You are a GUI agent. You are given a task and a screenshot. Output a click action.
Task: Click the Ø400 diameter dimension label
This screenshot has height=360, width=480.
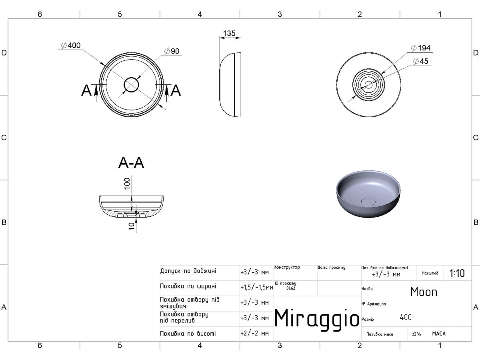(70, 46)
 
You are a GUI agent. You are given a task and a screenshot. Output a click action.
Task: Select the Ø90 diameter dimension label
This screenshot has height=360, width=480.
(172, 51)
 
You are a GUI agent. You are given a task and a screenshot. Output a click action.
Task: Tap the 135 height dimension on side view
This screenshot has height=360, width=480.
(229, 33)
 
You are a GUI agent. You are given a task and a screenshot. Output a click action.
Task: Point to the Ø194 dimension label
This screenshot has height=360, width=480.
(421, 48)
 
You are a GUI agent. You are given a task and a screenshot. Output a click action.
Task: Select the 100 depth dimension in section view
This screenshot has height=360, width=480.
(127, 183)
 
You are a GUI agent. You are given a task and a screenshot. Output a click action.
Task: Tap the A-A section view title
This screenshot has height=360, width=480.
(131, 163)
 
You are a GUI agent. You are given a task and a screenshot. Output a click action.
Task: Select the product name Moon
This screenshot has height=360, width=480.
(424, 292)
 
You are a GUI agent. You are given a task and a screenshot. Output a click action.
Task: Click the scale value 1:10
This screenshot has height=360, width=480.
(457, 273)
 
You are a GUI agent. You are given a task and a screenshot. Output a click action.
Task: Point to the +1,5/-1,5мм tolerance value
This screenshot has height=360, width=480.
(257, 287)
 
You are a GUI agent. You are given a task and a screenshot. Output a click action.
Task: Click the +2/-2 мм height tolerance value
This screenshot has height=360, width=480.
(254, 333)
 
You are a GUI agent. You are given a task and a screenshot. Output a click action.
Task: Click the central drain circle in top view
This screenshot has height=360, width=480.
(131, 85)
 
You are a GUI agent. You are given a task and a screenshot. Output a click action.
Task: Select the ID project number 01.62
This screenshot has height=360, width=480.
(290, 288)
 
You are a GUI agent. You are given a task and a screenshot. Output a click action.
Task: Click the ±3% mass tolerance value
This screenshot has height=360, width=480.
(416, 334)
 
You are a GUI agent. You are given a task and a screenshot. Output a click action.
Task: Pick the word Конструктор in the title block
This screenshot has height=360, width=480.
(287, 267)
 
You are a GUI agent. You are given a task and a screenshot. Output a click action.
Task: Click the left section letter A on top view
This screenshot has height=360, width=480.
(86, 91)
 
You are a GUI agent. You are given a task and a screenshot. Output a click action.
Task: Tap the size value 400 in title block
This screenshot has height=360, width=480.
(406, 318)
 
